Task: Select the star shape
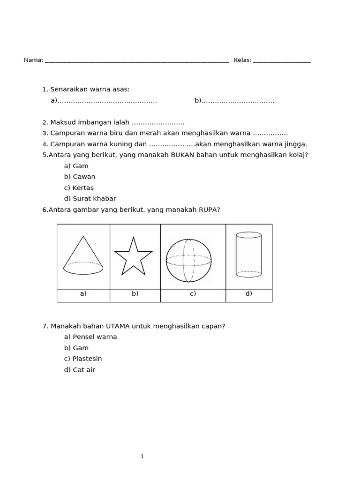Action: click(133, 256)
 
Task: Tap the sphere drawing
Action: click(188, 261)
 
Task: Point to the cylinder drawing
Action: click(248, 254)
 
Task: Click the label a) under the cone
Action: click(83, 294)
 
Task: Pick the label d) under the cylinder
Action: click(248, 294)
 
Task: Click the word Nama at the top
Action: click(33, 60)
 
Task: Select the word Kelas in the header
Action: click(242, 60)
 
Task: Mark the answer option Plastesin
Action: click(87, 359)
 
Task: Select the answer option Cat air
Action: click(83, 370)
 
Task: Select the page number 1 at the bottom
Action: click(142, 456)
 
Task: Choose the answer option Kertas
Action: click(83, 187)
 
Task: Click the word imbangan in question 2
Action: click(97, 122)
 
